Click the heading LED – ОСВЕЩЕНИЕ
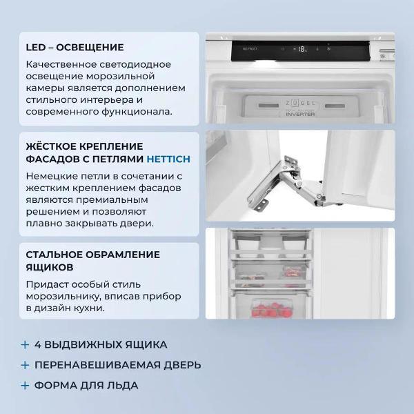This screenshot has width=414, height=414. [x=75, y=48]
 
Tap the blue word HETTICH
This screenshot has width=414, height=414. [x=168, y=159]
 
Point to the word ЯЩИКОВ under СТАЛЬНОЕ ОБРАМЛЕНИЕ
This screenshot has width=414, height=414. [x=50, y=267]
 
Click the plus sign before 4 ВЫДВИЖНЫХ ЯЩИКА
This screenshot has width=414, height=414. [x=26, y=344]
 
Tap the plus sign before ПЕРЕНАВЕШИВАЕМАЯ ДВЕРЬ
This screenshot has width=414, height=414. [x=26, y=365]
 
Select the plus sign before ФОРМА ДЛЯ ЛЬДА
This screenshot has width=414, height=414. [x=26, y=386]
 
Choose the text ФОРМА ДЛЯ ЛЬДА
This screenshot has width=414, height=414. [x=87, y=386]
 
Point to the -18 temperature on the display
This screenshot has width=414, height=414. [x=301, y=49]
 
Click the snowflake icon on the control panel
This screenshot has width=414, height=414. [x=328, y=49]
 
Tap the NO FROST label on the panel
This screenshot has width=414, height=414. [x=249, y=50]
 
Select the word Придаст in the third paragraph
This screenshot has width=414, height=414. [x=45, y=284]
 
